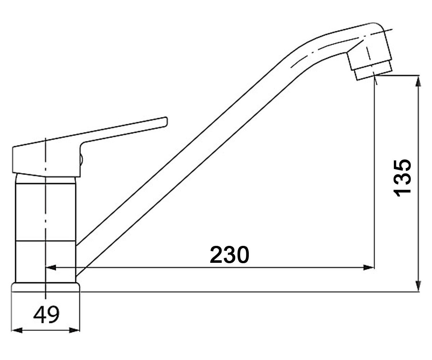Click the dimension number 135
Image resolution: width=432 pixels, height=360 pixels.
tap(402, 178)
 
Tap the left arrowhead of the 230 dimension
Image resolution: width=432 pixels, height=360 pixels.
tap(51, 267)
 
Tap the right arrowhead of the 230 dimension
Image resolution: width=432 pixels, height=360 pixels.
tap(369, 267)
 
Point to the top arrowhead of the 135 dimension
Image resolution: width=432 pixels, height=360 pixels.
tap(418, 81)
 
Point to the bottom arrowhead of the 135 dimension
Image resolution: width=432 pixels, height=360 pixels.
tap(418, 286)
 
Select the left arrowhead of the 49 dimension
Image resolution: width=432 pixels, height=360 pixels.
tap(17, 330)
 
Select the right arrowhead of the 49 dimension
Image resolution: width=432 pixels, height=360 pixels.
tap(75, 330)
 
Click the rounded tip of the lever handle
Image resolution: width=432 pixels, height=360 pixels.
tap(166, 122)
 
